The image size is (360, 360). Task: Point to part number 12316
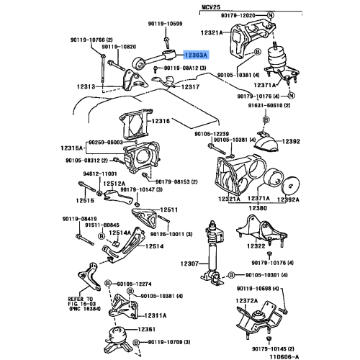click(162, 121)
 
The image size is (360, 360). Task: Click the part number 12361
click(153, 328)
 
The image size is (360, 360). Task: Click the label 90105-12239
click(212, 134)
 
